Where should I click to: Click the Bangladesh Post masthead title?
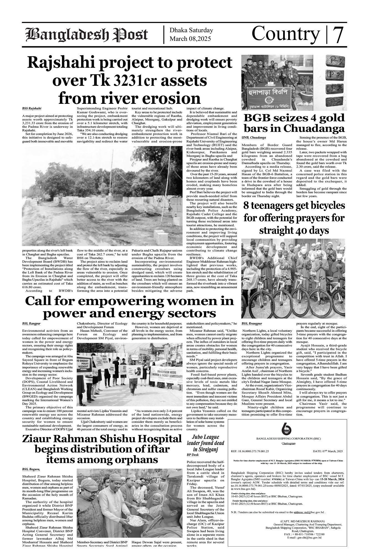pos(86,35)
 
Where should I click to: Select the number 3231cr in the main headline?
pos(133,80)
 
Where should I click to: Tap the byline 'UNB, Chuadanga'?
pos(254,138)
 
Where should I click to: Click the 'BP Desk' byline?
pos(193,455)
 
